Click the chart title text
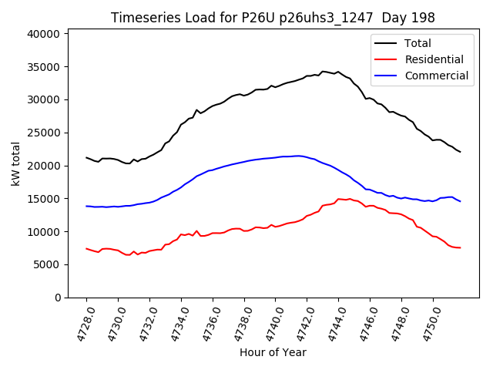273,18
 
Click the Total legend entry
418,43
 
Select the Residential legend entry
434,59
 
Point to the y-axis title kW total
15,163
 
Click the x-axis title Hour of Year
273,352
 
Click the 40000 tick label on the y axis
43,34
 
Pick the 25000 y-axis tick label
43,133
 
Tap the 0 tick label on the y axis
57,298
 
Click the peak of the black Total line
323,71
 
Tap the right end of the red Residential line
460,247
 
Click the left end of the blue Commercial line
86,206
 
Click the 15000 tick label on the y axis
43,199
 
